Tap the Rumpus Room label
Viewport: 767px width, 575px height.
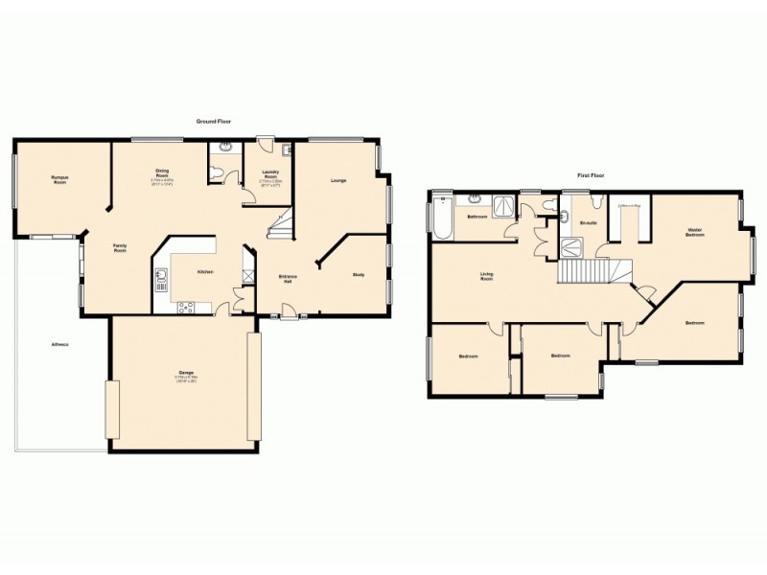pos(59,179)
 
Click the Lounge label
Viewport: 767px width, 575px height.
pos(338,180)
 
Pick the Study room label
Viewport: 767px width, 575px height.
pos(359,275)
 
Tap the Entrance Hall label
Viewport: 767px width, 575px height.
pos(287,280)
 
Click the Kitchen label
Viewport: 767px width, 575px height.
pos(204,272)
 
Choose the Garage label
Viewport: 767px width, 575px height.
pos(185,375)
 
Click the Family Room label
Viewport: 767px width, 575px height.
pos(120,249)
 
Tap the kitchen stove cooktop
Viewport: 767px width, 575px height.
pos(186,307)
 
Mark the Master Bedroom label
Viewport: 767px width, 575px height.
pos(695,233)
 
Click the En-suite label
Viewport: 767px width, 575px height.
pos(589,222)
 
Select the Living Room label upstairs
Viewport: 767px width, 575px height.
pos(487,278)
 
